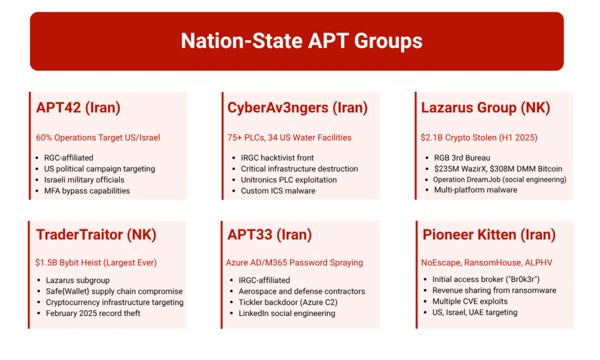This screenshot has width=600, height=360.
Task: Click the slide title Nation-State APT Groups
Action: [x=302, y=41]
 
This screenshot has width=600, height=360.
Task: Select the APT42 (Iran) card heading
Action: [x=79, y=108]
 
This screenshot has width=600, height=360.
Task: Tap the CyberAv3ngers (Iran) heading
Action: [x=298, y=108]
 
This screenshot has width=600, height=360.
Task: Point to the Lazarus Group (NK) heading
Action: [x=486, y=108]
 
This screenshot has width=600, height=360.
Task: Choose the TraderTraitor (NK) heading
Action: [x=97, y=235]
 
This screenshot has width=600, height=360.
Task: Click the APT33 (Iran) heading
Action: [x=270, y=235]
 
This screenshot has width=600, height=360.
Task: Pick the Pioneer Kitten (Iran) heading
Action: [x=489, y=235]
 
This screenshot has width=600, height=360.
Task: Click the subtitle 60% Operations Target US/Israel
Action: [x=98, y=138]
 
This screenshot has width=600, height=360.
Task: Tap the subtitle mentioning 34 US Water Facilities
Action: [x=289, y=138]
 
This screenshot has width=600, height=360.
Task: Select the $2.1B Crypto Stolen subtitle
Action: [x=479, y=138]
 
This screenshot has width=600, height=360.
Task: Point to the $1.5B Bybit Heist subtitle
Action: [x=96, y=263]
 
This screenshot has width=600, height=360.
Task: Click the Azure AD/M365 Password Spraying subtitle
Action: [x=294, y=263]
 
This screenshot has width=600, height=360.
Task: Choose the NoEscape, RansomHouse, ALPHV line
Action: [x=487, y=263]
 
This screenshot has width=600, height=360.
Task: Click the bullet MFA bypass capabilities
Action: [x=87, y=191]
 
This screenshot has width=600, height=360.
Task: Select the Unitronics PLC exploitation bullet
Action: [x=289, y=180]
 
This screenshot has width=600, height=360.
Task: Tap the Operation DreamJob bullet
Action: [x=499, y=179]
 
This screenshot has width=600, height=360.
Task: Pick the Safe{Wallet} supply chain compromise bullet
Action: [x=114, y=291]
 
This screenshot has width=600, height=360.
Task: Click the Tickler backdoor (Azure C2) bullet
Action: [x=288, y=303]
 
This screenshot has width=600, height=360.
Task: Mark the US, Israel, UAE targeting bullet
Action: [x=475, y=313]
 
